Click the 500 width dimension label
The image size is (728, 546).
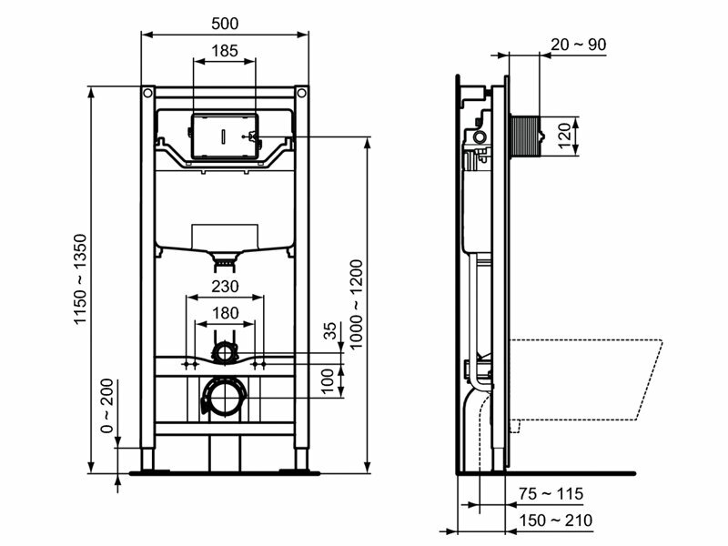(224, 21)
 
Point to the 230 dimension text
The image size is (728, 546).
(224, 286)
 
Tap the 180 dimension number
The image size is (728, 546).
(224, 313)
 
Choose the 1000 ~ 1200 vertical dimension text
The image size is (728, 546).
(356, 301)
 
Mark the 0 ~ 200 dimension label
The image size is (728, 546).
(106, 405)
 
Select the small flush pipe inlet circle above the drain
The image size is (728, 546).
(224, 349)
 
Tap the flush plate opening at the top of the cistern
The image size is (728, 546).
(224, 135)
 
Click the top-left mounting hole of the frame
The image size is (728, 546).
(147, 93)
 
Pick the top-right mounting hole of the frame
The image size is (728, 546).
(301, 93)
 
